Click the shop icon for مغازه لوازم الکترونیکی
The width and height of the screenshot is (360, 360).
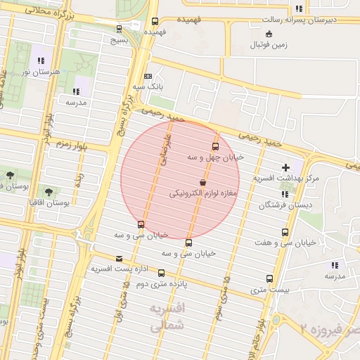click(x=203, y=182)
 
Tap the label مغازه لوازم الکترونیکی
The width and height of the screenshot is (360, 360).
click(x=204, y=193)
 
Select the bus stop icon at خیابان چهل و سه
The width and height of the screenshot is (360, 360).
click(x=215, y=147)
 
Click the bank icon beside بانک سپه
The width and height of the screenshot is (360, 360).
click(x=148, y=76)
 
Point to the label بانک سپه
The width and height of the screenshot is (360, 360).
click(x=149, y=86)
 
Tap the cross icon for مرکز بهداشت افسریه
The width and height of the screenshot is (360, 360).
click(x=285, y=167)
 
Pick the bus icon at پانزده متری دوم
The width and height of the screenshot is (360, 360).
click(x=161, y=273)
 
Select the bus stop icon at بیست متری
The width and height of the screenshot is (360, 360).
click(x=269, y=278)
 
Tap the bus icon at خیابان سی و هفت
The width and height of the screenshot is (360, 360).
click(x=285, y=232)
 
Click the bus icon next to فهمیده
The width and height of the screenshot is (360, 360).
click(x=155, y=22)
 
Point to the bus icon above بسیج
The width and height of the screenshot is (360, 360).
click(x=118, y=29)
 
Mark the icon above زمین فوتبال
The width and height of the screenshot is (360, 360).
click(x=269, y=34)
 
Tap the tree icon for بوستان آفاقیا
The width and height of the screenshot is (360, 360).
click(x=48, y=191)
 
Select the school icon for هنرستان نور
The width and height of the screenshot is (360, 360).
click(x=41, y=60)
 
